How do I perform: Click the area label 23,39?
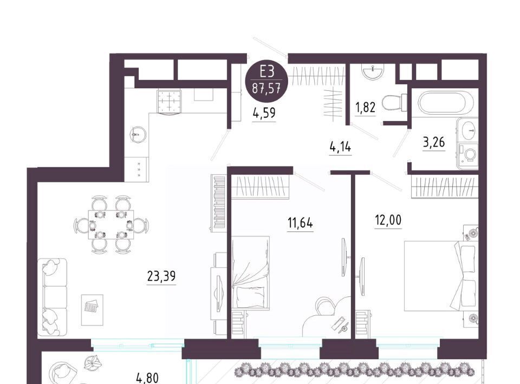161,276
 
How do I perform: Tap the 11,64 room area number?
300,223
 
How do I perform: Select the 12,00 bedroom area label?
388,220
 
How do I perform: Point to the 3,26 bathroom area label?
434,143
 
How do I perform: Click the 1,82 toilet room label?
366,108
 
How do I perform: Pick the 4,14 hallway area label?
340,146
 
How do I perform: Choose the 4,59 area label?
264,113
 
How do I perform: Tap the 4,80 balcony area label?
147,378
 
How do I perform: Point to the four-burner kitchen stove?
169,102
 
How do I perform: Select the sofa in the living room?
53,297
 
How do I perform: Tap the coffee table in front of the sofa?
92,309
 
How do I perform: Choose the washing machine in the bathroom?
468,154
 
